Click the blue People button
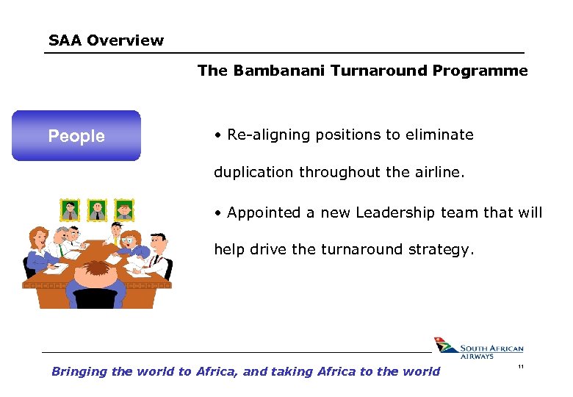click(76, 136)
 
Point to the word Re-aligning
click(266, 135)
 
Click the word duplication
click(252, 173)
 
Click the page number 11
click(520, 367)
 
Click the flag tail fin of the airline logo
click(443, 346)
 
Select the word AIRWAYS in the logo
click(477, 357)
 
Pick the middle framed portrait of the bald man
click(97, 210)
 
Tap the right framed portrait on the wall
click(124, 210)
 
